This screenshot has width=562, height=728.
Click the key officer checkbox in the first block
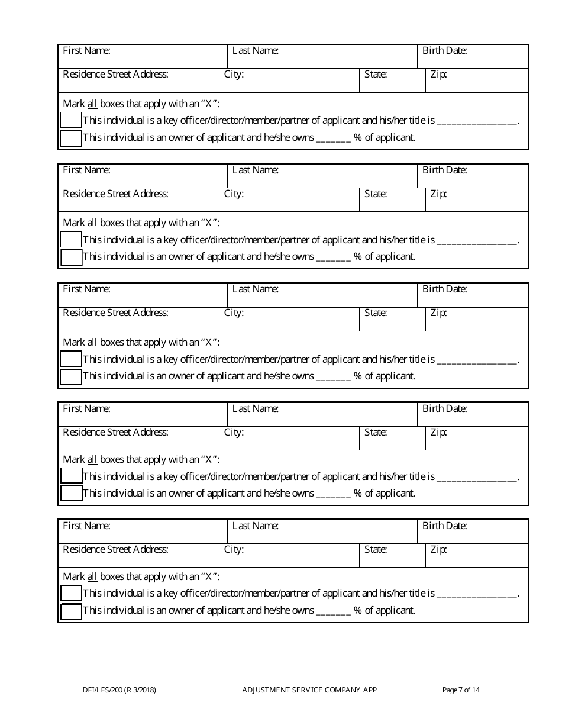[71, 121]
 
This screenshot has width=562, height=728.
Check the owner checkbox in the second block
[71, 257]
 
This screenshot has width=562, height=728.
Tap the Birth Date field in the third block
[473, 295]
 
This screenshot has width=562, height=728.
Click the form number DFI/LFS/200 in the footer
[119, 690]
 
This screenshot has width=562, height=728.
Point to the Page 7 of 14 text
[461, 690]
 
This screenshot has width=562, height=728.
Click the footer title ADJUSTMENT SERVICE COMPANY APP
[309, 690]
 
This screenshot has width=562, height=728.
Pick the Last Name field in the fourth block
[322, 414]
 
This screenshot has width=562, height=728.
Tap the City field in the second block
[289, 199]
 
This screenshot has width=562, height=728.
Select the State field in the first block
[392, 80]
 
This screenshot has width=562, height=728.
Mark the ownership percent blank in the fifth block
[334, 611]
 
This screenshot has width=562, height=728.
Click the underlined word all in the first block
[92, 104]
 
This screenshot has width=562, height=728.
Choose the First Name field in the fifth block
[143, 531]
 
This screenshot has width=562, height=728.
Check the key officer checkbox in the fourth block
[71, 476]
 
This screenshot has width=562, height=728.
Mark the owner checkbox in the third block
[71, 376]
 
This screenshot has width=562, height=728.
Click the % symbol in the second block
[358, 256]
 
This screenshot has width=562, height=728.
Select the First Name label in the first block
[86, 50]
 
